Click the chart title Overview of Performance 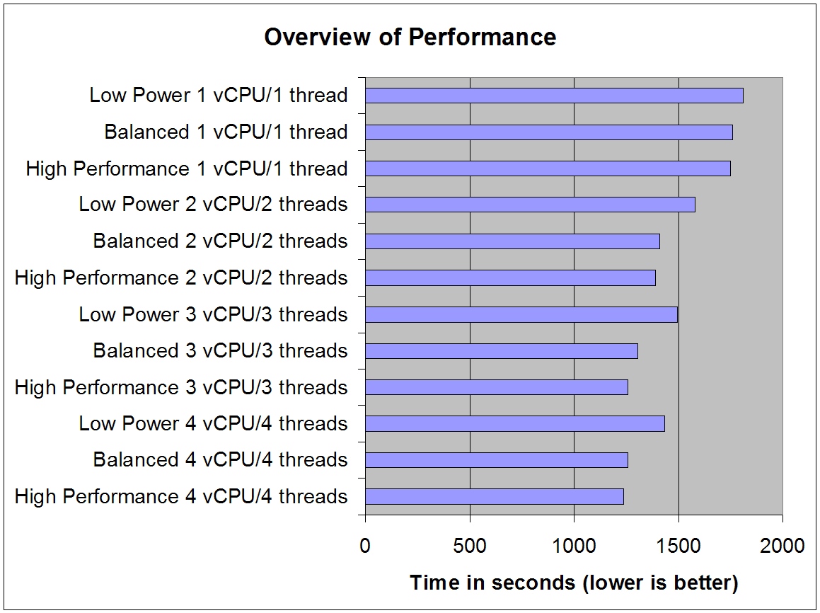pos(410,37)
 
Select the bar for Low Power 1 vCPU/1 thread pos(554,96)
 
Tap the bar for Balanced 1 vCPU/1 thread pos(548,132)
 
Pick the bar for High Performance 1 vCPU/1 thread pos(548,168)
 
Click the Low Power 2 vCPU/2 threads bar pos(530,205)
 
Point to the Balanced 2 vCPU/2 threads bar pos(512,241)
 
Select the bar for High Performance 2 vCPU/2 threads pos(510,277)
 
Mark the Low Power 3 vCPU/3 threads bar pos(521,314)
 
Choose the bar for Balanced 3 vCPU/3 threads pos(501,351)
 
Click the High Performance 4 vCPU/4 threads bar pos(495,496)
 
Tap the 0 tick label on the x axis pos(365,546)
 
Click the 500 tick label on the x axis pos(470,546)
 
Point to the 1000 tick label pos(574,546)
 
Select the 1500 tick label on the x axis pos(678,546)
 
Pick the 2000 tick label pos(783,546)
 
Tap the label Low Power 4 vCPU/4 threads pos(213,424)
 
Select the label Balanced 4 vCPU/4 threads pos(220,460)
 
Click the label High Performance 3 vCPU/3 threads pos(181,388)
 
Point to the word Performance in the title pos(483,37)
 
